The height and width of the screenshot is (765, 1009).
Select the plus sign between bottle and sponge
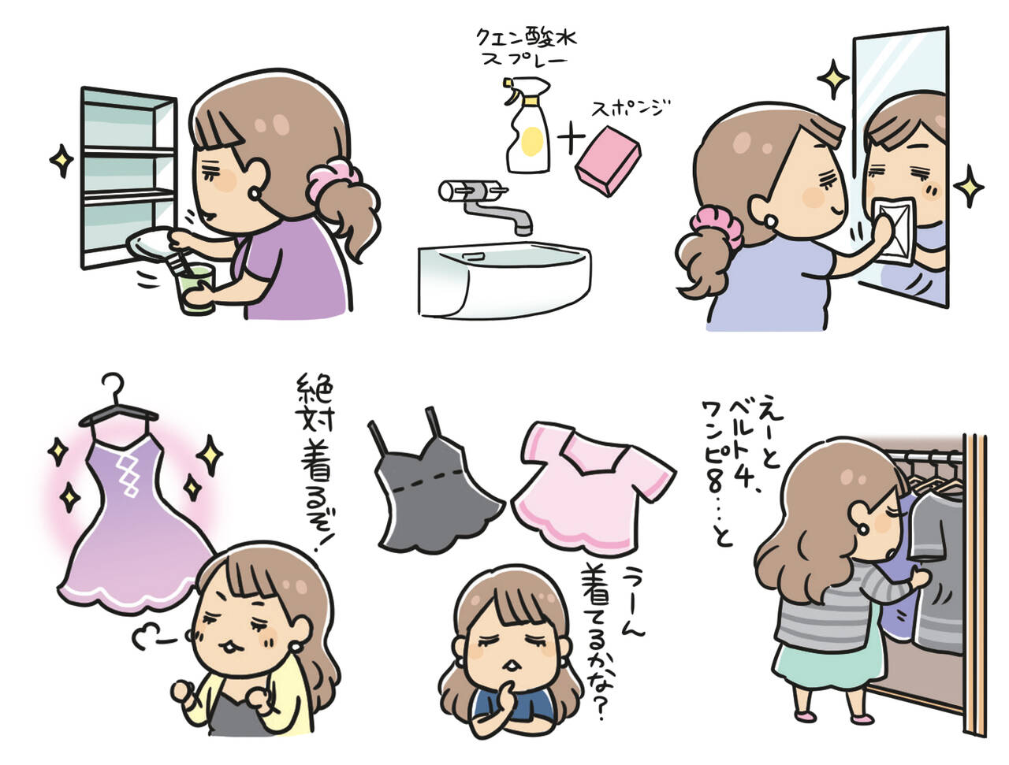point(570,141)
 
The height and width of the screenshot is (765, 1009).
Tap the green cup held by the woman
point(195,287)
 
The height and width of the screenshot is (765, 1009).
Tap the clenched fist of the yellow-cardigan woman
point(186,693)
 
